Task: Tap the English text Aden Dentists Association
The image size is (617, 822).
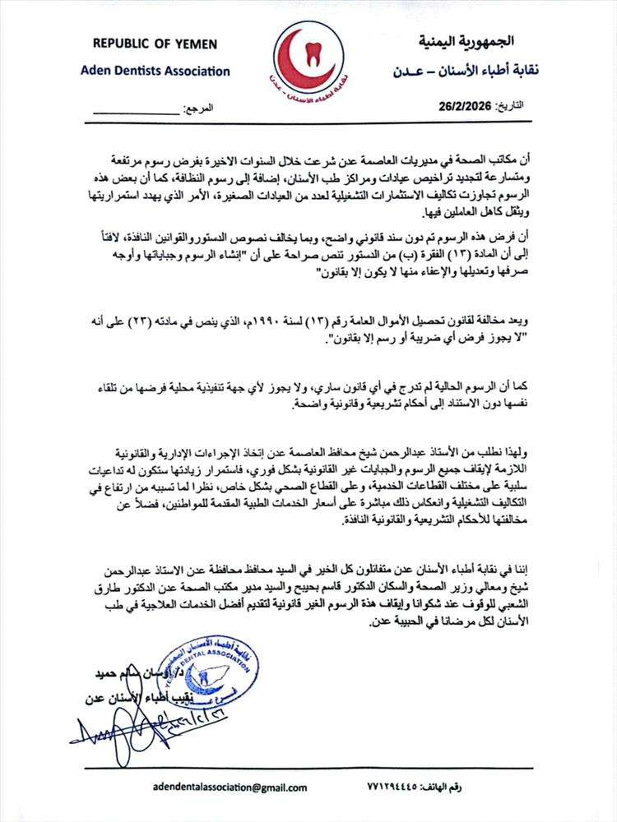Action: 155,71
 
